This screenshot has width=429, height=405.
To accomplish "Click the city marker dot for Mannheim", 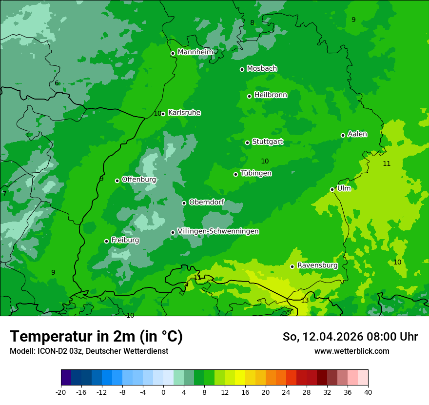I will [173, 54].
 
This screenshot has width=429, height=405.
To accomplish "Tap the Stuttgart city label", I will [267, 142].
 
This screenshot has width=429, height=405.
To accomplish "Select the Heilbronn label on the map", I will [271, 95].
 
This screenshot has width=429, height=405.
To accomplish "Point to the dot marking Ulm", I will [332, 189].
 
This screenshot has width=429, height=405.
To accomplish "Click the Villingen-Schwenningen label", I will [218, 231].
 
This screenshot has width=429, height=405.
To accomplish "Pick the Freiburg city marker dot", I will [106, 241].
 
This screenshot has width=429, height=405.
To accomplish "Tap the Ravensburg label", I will [317, 265].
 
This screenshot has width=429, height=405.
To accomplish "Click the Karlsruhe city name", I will [184, 113].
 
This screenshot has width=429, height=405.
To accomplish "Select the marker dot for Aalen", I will [343, 135].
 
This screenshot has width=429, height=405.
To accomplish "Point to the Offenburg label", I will [139, 180].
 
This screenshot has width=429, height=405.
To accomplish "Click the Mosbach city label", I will [262, 69].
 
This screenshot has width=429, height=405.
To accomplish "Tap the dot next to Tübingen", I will [235, 174].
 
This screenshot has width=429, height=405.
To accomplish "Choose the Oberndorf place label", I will [206, 202].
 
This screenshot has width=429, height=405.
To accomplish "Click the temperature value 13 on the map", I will [305, 301].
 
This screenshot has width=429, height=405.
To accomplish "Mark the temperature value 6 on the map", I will [57, 83].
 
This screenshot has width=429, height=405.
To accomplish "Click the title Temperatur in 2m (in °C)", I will [97, 336].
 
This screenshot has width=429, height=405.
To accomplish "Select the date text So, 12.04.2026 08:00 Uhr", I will [350, 337].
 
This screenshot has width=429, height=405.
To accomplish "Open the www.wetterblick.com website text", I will [351, 351].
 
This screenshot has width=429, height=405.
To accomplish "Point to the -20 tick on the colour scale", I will [61, 392].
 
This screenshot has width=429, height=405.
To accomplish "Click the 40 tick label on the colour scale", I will [368, 392].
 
